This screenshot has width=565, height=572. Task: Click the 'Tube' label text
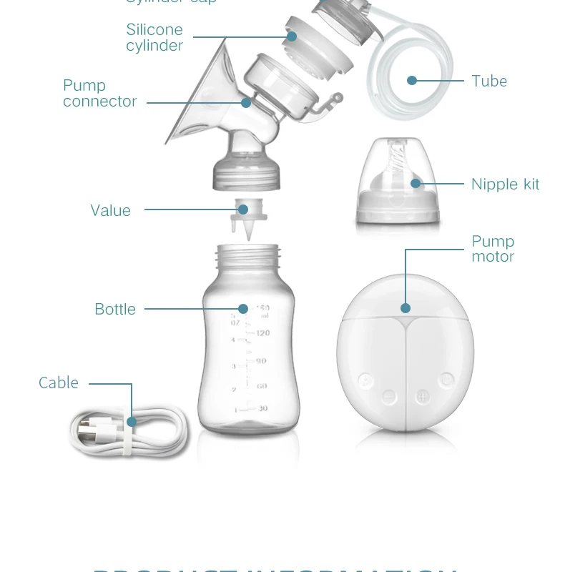point(489,82)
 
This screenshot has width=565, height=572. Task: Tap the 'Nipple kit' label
point(505,184)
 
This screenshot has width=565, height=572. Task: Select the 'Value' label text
point(111,210)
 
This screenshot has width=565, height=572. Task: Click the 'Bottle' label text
point(115,309)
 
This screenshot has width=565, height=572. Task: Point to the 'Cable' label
point(59,383)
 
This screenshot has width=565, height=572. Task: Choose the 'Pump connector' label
point(99,94)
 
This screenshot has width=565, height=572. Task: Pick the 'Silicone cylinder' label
point(154,37)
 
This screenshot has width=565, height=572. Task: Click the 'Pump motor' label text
point(493,249)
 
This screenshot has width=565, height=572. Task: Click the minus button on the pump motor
point(388,395)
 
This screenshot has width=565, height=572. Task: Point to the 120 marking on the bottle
point(262,333)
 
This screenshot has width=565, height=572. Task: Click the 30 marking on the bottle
point(262,409)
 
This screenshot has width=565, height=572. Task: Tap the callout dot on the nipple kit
point(416,184)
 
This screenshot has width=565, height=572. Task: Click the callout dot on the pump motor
point(406,308)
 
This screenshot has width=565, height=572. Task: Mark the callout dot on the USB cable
point(132,422)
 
